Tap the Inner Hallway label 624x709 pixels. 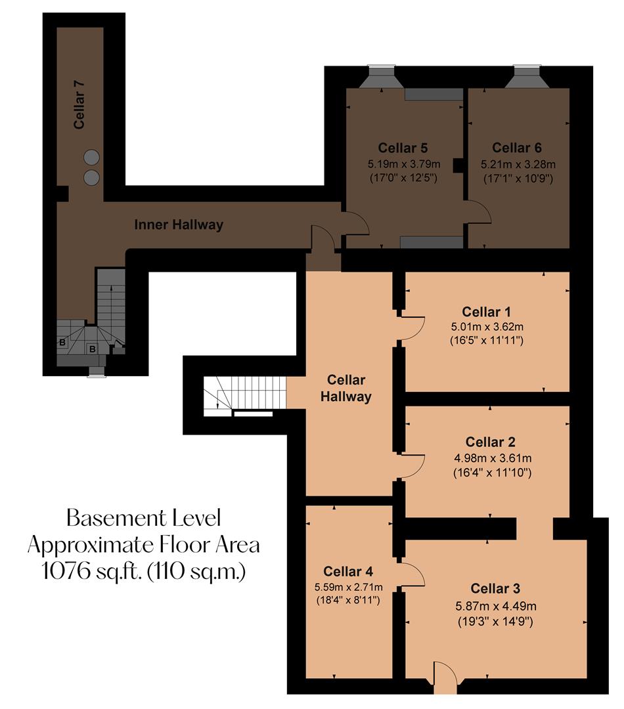[179, 225]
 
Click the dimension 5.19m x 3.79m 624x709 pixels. [403, 164]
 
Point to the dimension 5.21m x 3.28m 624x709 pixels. [518, 164]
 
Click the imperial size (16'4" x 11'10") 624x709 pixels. [492, 472]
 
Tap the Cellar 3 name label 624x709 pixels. [495, 588]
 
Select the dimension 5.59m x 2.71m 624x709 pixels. [348, 586]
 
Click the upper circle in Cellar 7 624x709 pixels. [91, 158]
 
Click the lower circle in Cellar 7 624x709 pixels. [91, 177]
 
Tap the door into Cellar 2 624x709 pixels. [411, 466]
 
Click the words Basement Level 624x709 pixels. [144, 519]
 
